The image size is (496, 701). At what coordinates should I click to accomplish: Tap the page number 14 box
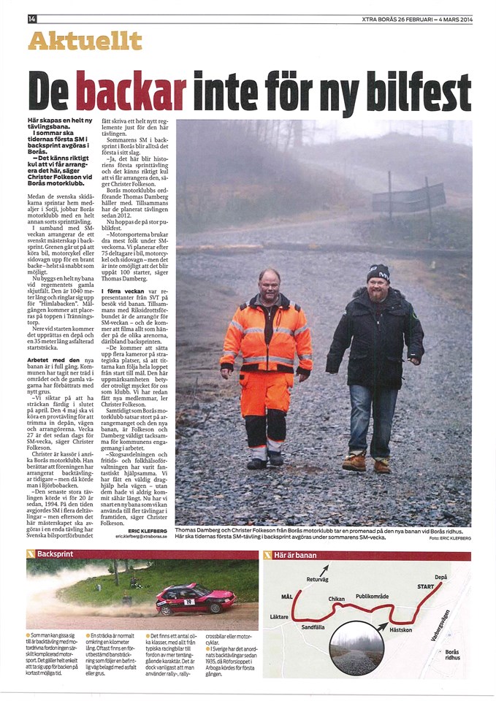[31, 18]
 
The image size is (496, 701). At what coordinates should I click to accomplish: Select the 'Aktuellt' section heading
[84, 41]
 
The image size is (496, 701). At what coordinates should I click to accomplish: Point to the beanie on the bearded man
[378, 273]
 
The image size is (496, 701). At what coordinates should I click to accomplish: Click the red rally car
[195, 598]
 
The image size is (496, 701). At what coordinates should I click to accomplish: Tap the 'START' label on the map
[426, 586]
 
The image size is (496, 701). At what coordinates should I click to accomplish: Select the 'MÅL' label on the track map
[286, 597]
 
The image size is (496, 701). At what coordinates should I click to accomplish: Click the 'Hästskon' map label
[401, 629]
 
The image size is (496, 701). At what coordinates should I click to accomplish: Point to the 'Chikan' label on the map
[336, 599]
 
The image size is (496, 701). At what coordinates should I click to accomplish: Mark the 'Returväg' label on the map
[318, 579]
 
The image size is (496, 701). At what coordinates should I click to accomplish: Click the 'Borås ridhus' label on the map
[452, 654]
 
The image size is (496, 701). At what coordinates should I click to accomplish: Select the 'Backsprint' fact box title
[56, 555]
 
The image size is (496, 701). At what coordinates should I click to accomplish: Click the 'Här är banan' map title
[296, 555]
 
